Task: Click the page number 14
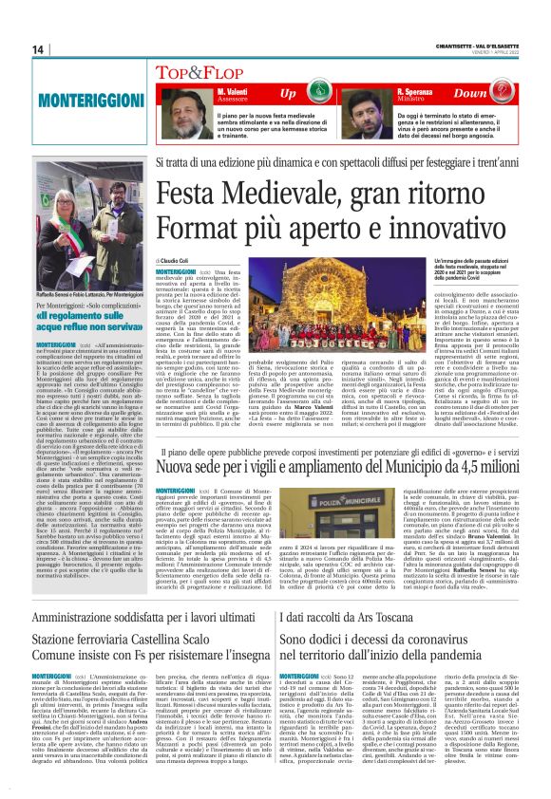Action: [x=13, y=48]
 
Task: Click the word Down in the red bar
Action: [x=498, y=94]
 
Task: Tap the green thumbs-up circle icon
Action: [x=347, y=94]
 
